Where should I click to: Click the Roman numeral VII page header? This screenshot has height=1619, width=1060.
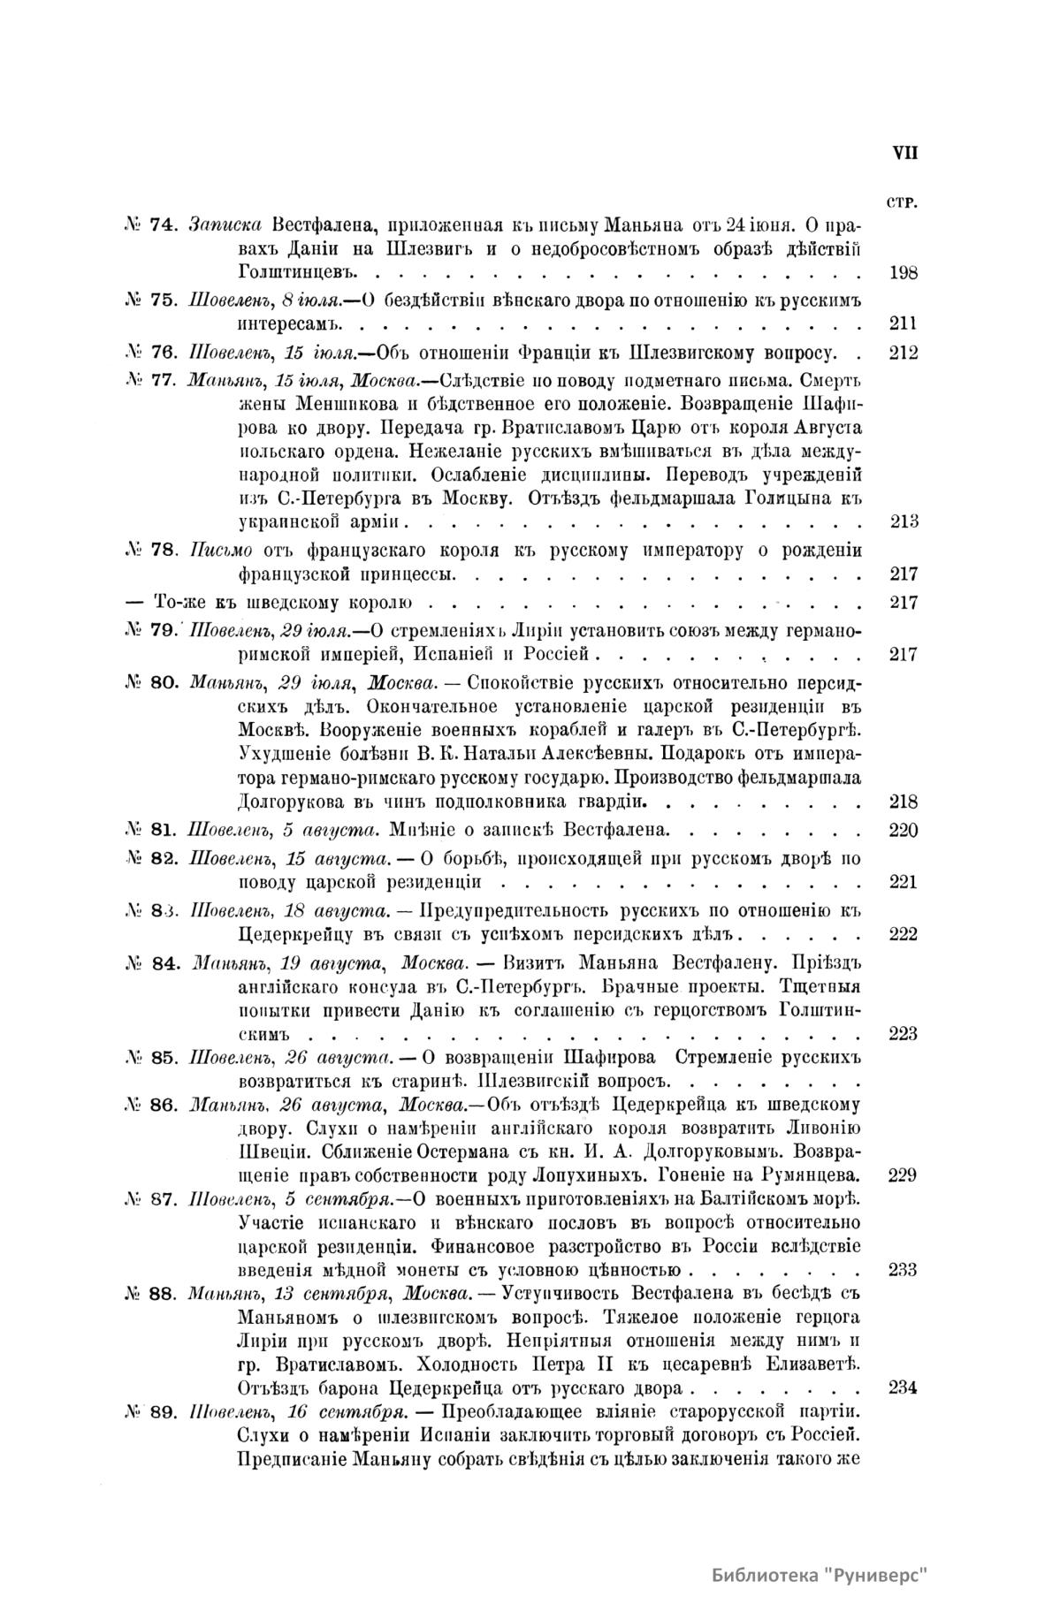pos(904,152)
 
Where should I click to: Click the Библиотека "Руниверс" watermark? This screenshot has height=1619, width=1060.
pos(820,1577)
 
